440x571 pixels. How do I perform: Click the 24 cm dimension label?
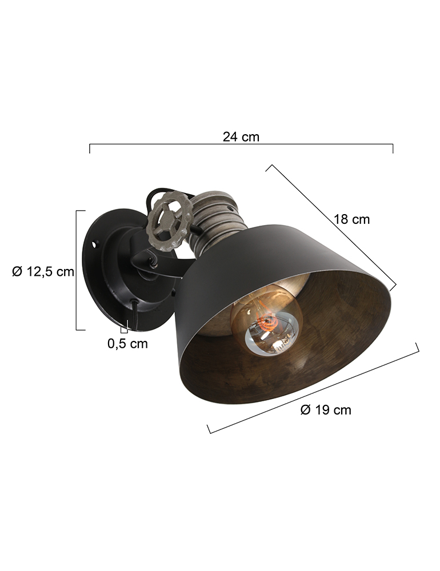point(241,137)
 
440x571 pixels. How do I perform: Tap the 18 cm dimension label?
point(352,219)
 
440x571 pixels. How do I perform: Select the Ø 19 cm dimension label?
point(325,410)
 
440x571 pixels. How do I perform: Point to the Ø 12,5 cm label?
point(43,272)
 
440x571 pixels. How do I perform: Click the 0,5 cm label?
point(127,344)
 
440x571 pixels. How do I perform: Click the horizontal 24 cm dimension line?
point(241,146)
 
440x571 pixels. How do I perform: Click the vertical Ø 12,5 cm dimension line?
point(77,271)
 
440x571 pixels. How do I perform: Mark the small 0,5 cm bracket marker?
point(124,329)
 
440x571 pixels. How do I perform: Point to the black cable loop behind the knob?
point(150,200)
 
